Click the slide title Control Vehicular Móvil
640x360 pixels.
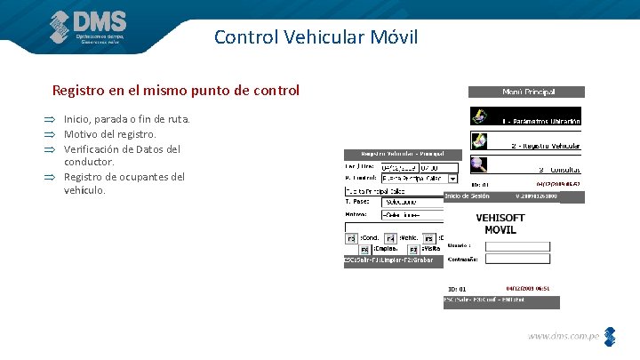pyautogui.click(x=316, y=37)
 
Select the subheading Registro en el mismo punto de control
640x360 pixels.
pyautogui.click(x=176, y=91)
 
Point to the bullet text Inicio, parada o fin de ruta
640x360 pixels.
pyautogui.click(x=126, y=119)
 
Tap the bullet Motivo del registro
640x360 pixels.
pyautogui.click(x=109, y=134)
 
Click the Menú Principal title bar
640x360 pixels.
pyautogui.click(x=527, y=92)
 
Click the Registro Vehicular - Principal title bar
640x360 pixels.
pyautogui.click(x=401, y=155)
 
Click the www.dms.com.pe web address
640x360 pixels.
pyautogui.click(x=564, y=336)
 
